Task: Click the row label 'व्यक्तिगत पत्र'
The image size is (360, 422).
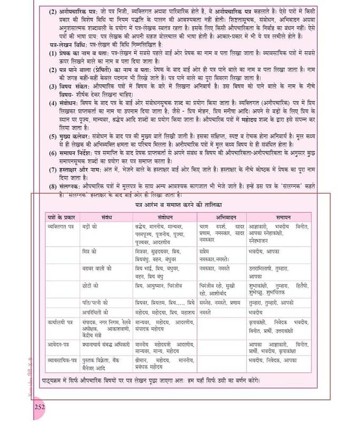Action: (x=60, y=226)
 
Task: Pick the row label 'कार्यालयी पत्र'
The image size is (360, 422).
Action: (x=59, y=321)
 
